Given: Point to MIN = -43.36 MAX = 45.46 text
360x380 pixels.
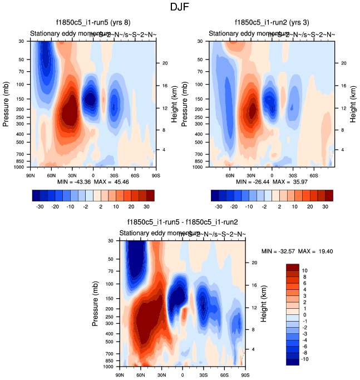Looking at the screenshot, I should (93, 182).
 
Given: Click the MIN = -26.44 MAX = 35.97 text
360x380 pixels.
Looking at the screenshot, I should (272, 182).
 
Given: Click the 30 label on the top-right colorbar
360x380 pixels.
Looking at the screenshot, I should (325, 205).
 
